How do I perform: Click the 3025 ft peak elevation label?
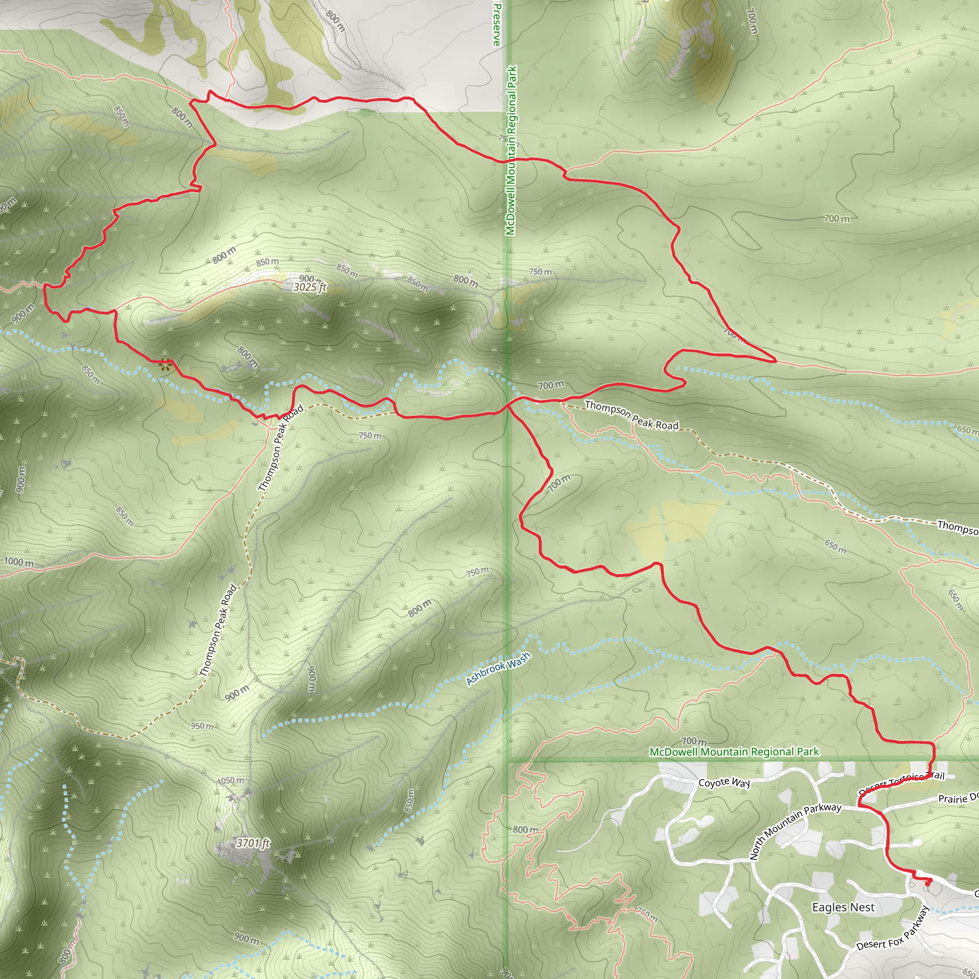[310, 287]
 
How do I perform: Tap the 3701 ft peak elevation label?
[252, 843]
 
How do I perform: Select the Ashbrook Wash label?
[498, 668]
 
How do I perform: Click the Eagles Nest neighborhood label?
[843, 907]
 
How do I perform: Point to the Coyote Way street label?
[724, 783]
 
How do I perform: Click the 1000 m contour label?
[19, 562]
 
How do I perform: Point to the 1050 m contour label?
[231, 780]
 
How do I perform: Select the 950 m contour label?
[202, 726]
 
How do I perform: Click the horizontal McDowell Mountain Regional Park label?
[734, 751]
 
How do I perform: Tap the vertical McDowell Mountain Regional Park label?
[511, 151]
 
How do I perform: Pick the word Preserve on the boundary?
[497, 24]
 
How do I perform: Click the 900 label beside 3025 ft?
[307, 279]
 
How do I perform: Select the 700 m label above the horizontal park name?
[694, 741]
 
